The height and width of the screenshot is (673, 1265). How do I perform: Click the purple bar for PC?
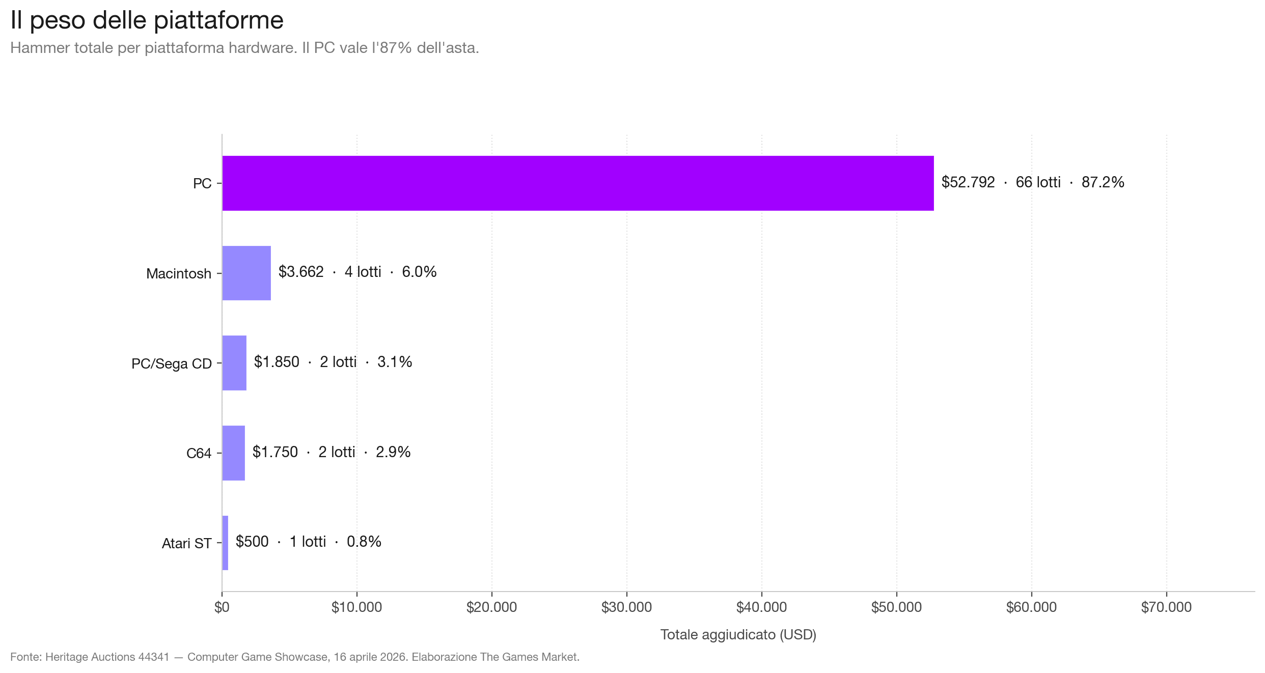[x=577, y=183]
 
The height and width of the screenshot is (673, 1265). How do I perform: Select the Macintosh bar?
[x=246, y=273]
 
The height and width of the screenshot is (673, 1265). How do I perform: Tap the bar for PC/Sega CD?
[x=234, y=363]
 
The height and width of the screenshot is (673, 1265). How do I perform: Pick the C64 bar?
[x=234, y=453]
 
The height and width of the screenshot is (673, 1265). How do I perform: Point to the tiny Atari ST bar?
[x=225, y=543]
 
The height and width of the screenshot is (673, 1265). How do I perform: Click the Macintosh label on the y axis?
[x=178, y=274]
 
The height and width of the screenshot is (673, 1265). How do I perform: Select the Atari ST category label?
[x=186, y=544]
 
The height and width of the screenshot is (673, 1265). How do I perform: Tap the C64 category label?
[x=199, y=454]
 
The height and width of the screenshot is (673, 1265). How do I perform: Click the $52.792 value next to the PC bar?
[x=968, y=182]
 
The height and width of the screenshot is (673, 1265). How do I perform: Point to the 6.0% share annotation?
[x=419, y=272]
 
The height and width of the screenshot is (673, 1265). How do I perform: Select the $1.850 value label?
[x=277, y=362]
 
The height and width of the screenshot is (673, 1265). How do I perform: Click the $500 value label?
[x=252, y=542]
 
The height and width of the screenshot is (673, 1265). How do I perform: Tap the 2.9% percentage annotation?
[x=393, y=452]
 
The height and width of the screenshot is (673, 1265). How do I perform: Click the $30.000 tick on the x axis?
[x=626, y=607]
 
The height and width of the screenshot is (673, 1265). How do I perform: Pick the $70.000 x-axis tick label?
[x=1166, y=607]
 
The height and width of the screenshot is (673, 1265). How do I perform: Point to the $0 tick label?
[x=222, y=607]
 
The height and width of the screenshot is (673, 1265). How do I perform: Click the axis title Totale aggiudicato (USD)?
[x=738, y=635]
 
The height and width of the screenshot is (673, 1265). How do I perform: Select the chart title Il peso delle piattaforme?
[x=147, y=20]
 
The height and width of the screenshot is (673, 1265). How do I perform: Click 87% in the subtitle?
[x=396, y=48]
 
